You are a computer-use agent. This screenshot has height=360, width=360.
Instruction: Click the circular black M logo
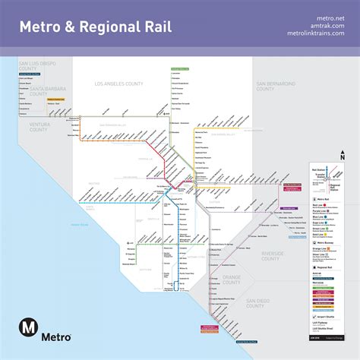30,327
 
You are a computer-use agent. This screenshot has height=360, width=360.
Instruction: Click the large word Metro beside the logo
58,336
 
